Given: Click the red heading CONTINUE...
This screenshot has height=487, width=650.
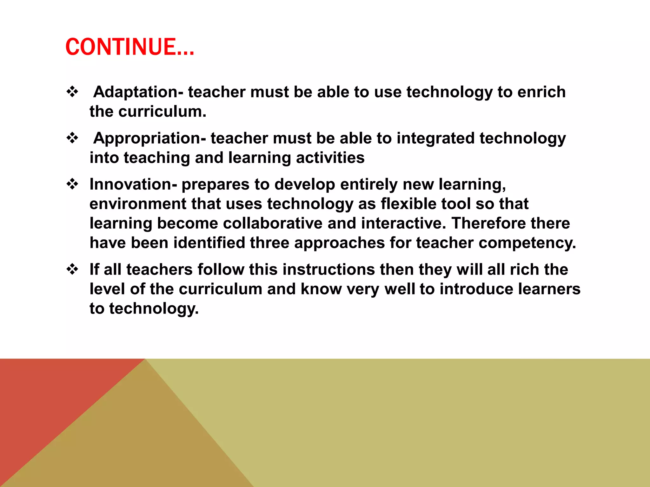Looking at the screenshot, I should coord(129,47).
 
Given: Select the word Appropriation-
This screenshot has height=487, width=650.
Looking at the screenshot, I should coord(149,138).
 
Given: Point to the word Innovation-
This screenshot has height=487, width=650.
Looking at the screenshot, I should coord(133,184).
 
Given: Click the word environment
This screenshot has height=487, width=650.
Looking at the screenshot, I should coord(138,204).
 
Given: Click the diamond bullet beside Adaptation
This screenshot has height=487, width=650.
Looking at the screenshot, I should coord(73,92).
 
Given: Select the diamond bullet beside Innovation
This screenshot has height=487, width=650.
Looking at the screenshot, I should coord(73,184).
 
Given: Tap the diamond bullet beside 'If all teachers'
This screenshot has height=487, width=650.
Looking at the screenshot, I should coord(73,269).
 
